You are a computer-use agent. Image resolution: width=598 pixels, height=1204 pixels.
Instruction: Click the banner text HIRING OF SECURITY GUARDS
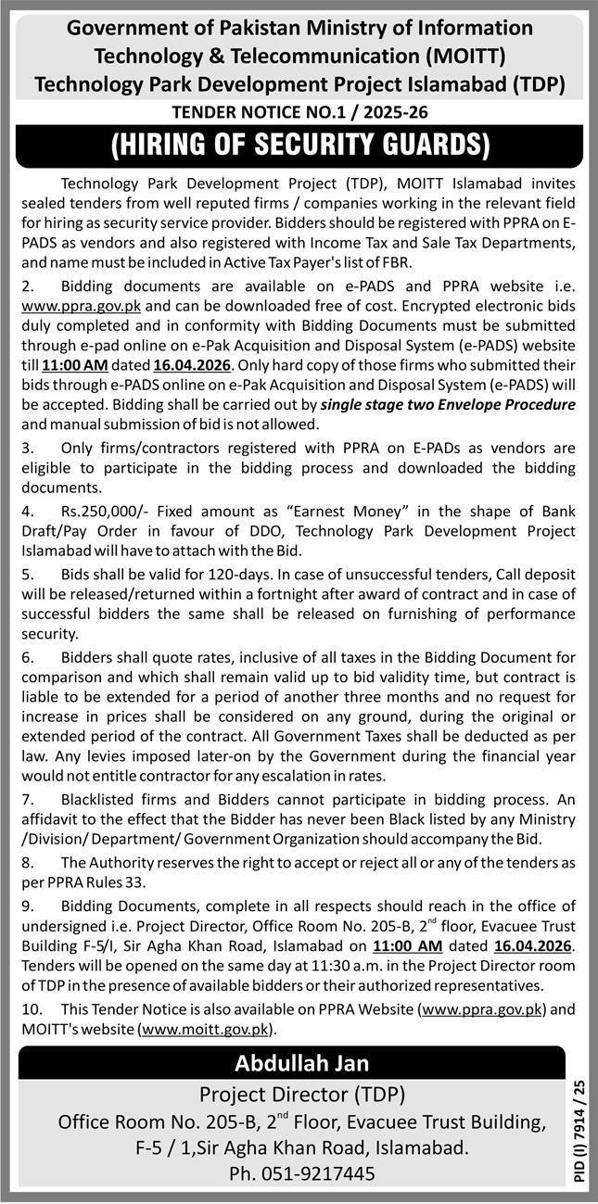click(x=299, y=145)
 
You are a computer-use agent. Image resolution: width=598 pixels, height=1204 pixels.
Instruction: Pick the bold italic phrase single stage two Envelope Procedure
click(x=448, y=404)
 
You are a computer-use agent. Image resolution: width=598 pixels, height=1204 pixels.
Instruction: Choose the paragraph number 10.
click(x=41, y=1010)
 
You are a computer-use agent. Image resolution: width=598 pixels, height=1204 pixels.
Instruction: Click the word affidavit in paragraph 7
click(x=54, y=820)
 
